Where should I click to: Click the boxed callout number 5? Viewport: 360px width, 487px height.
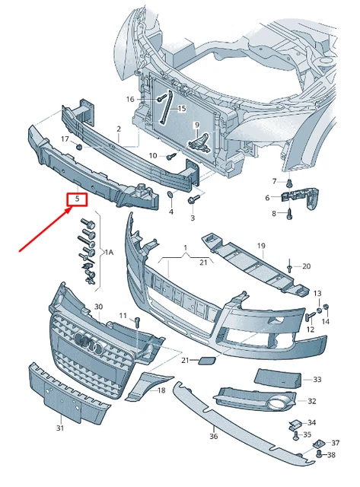coord(77,199)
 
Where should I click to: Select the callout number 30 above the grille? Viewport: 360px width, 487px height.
coord(97,307)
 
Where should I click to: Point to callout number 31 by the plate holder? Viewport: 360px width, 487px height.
coord(60,428)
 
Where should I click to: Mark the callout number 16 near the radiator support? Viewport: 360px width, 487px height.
coord(130,99)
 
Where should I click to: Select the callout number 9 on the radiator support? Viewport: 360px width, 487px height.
coord(196,125)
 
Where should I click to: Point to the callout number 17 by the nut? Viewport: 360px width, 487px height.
coord(65,138)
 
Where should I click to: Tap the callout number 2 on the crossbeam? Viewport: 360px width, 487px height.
coord(119,129)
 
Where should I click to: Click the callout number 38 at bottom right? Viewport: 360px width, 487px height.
coord(331,455)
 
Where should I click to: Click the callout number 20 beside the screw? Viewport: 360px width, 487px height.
coord(307,266)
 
